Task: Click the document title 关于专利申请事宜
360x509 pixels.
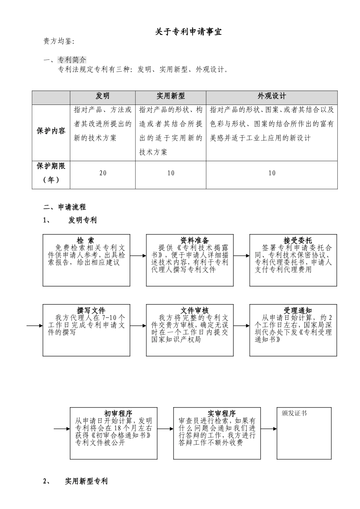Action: point(188,32)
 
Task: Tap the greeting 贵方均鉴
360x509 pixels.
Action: point(59,42)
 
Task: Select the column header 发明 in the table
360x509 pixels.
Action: point(103,96)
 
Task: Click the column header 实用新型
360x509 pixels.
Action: point(171,96)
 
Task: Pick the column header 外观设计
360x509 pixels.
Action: point(272,96)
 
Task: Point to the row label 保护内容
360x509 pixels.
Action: point(51,131)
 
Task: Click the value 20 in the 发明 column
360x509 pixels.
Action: point(103,173)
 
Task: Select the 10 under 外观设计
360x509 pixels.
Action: point(272,173)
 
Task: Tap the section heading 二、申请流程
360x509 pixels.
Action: point(64,207)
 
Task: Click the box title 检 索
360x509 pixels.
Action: point(86,240)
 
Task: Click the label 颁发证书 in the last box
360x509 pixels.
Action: point(294,413)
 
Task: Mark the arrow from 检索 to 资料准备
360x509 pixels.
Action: point(138,256)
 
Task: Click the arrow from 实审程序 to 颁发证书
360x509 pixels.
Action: point(269,429)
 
